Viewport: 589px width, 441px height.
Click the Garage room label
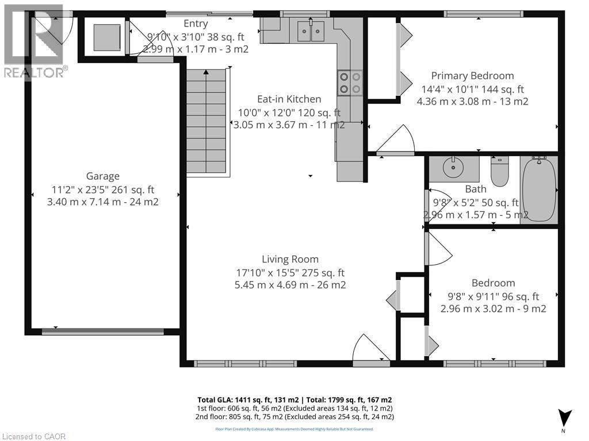coord(103,176)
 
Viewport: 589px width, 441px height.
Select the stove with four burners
coord(349,82)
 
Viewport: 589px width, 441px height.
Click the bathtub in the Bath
coord(539,189)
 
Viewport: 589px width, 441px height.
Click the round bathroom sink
coord(454,168)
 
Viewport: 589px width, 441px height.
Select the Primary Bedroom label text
coord(472,76)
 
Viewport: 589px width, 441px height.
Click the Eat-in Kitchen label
coord(289,99)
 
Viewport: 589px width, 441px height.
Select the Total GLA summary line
coord(294,400)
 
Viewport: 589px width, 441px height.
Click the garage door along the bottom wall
coord(103,331)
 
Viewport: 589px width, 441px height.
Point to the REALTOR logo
coord(35,40)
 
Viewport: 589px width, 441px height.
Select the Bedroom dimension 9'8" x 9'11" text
coord(493,296)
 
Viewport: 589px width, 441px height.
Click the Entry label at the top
coord(196,24)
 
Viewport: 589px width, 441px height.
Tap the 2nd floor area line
coord(294,417)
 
